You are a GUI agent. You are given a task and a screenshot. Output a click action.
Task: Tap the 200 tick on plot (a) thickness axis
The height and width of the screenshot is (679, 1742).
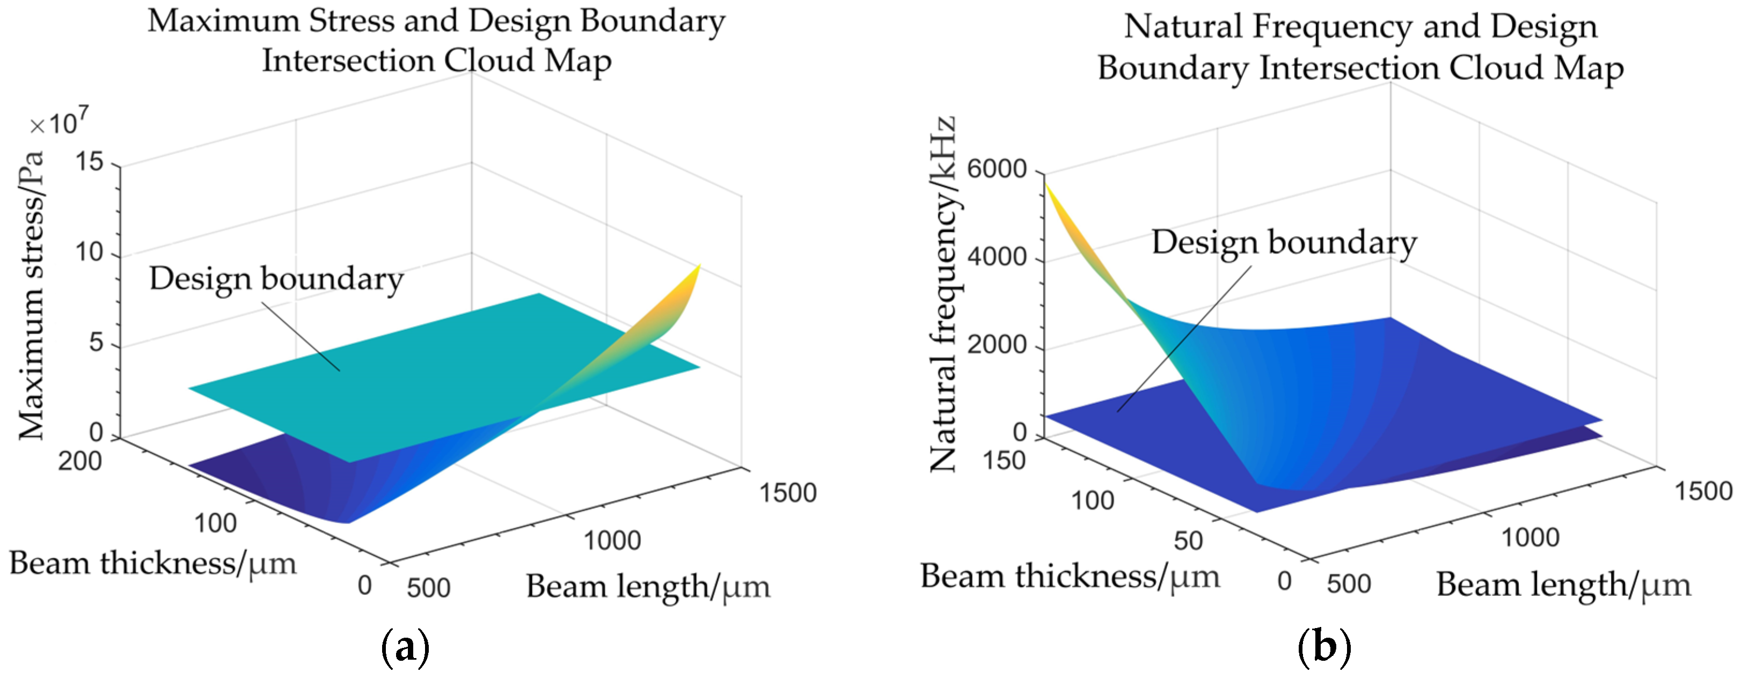coord(80,461)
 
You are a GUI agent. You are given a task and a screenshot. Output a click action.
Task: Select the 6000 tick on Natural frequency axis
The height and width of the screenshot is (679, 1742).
coord(996,169)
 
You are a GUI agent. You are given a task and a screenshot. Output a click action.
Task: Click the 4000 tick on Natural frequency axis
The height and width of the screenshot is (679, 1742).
coord(996,257)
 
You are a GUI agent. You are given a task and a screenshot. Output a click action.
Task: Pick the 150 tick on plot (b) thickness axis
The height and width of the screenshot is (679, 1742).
coord(1004,461)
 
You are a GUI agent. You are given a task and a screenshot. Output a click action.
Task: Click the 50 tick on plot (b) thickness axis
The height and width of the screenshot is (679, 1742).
coord(1188,541)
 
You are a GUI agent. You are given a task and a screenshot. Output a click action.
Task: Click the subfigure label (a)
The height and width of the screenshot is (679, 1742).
coord(405,647)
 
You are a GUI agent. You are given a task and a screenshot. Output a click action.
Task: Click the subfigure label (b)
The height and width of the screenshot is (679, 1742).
coord(1324,647)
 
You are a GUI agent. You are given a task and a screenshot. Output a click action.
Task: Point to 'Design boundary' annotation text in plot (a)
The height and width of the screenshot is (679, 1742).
coord(276,279)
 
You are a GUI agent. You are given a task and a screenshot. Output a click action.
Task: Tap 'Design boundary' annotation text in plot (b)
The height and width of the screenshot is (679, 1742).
coord(1284,242)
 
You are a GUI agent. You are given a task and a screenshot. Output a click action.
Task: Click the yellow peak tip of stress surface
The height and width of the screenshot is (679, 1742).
coord(699,266)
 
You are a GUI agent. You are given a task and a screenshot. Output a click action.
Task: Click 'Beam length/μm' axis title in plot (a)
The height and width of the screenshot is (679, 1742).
coord(648,586)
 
